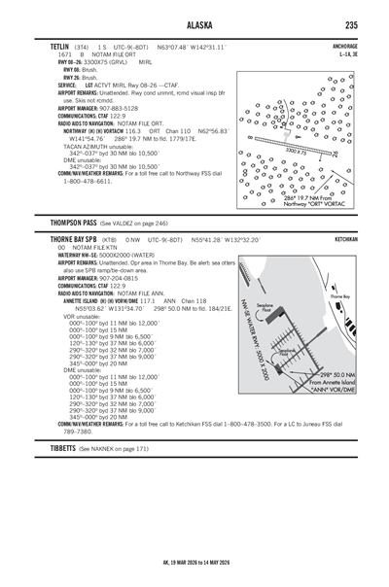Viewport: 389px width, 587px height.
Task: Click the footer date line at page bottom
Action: point(194,563)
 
